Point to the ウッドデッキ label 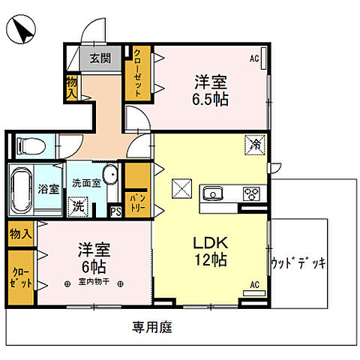pyautogui.click(x=298, y=263)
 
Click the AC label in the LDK pyautogui.click(x=253, y=284)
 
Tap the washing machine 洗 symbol pyautogui.click(x=77, y=205)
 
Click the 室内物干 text pyautogui.click(x=94, y=283)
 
